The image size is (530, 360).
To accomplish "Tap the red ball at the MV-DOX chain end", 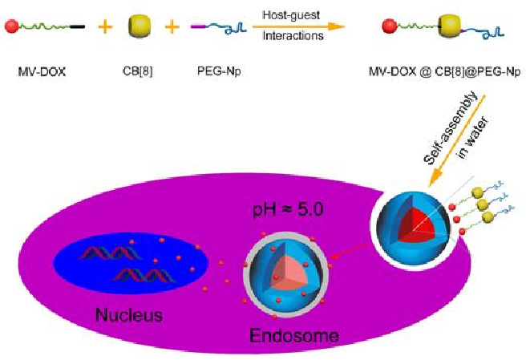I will (11, 28).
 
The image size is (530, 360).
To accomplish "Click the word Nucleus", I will (128, 314).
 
